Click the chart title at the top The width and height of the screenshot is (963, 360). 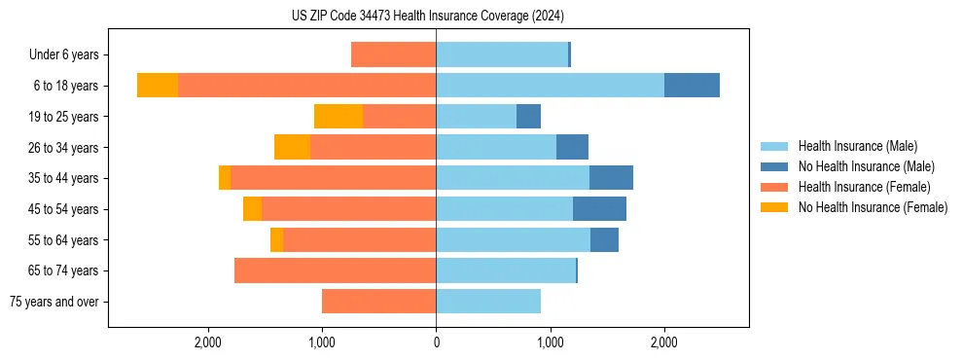tap(428, 17)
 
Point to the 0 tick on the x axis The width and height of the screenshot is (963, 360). tap(436, 342)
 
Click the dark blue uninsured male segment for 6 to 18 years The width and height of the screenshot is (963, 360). tap(692, 86)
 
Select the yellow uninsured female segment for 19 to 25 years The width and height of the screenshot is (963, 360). tap(339, 117)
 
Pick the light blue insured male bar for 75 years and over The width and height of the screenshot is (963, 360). tap(488, 302)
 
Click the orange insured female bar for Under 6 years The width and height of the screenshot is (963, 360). tap(393, 54)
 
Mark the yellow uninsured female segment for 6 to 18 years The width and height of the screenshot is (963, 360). tap(158, 86)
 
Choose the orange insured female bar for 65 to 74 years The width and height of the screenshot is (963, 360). tap(335, 270)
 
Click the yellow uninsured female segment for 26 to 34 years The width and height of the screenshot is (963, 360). tap(292, 147)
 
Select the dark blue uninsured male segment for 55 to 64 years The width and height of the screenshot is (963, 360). tap(604, 239)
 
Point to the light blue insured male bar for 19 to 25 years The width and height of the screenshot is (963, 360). tap(476, 117)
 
